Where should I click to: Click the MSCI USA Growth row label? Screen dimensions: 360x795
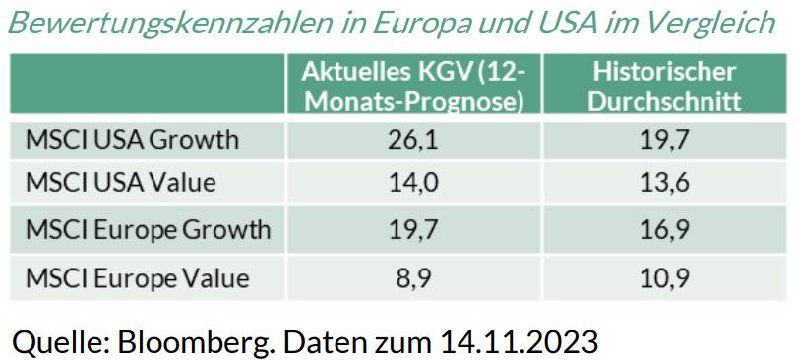pyautogui.click(x=132, y=140)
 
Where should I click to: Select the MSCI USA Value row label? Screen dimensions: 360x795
pyautogui.click(x=121, y=184)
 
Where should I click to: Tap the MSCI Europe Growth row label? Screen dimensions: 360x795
pyautogui.click(x=148, y=230)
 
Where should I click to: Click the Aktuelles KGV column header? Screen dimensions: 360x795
pyautogui.click(x=413, y=86)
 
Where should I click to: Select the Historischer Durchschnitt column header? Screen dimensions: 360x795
pyautogui.click(x=664, y=86)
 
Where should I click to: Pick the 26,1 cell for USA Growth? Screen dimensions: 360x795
pyautogui.click(x=413, y=140)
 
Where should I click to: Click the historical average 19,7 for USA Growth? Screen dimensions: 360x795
pyautogui.click(x=664, y=140)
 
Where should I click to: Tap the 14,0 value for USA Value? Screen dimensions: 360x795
pyautogui.click(x=413, y=184)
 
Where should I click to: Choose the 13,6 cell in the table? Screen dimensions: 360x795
pyautogui.click(x=664, y=184)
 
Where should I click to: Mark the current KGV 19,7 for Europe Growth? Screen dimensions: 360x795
pyautogui.click(x=413, y=230)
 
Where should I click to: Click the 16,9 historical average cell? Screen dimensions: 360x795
pyautogui.click(x=664, y=230)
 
